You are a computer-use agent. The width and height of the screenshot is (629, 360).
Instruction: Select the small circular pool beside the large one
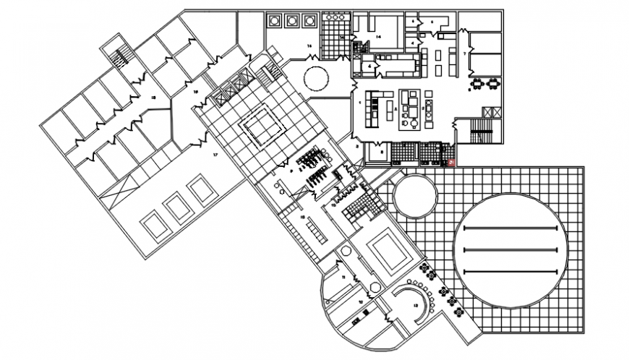[x=414, y=196]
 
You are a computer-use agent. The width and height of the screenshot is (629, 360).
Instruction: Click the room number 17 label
[x=215, y=155]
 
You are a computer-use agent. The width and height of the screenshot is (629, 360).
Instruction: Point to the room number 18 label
[x=153, y=96]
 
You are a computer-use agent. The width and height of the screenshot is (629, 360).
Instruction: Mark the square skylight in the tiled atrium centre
[x=263, y=128]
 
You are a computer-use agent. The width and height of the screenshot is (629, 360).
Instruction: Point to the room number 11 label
[x=344, y=278]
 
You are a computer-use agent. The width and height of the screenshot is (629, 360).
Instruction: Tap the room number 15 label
[x=304, y=216]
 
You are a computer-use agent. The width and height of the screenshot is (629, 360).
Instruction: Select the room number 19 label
[x=195, y=92]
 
